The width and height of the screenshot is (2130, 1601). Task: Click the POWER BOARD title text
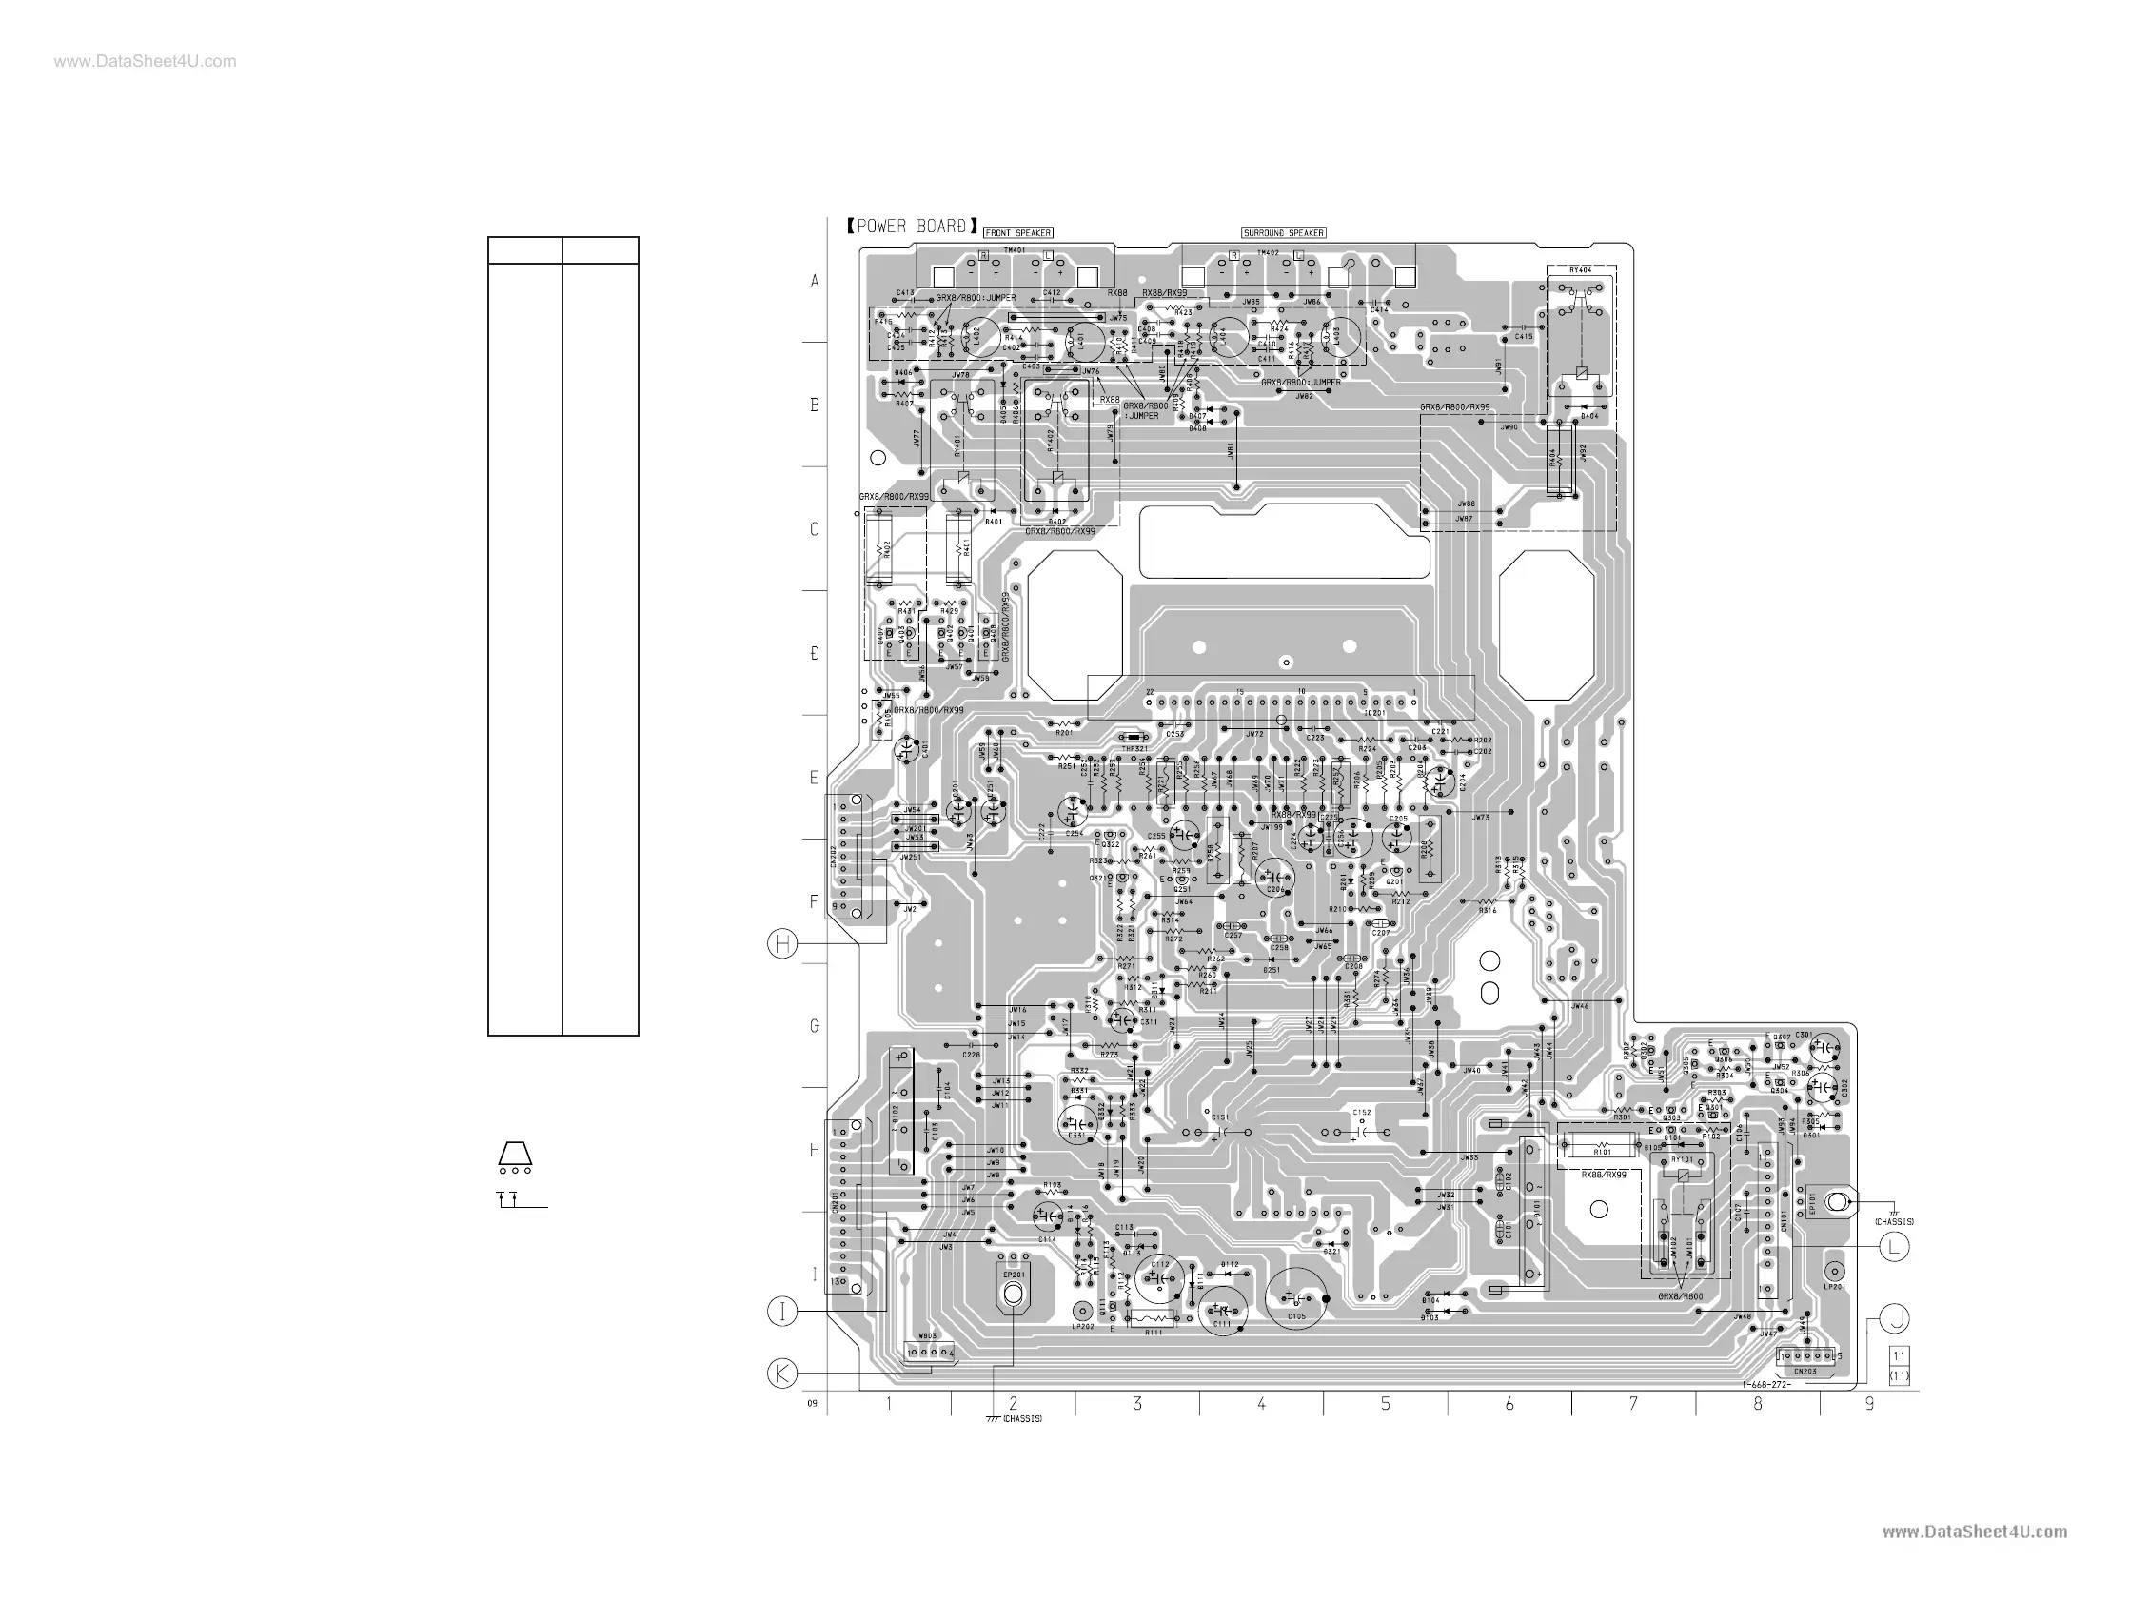pyautogui.click(x=912, y=227)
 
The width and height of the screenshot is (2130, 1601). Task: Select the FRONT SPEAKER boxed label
pyautogui.click(x=1018, y=233)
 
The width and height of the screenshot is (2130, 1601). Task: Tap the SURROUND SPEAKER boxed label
pyautogui.click(x=1284, y=233)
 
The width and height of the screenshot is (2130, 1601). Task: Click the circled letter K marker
pyautogui.click(x=782, y=1374)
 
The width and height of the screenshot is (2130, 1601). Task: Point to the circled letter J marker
pyautogui.click(x=1894, y=1318)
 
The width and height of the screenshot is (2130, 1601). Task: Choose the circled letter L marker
pyautogui.click(x=1894, y=1248)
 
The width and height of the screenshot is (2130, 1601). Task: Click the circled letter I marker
pyautogui.click(x=782, y=1311)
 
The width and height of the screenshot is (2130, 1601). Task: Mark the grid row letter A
pyautogui.click(x=815, y=282)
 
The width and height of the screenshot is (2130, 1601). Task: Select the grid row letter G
pyautogui.click(x=815, y=1027)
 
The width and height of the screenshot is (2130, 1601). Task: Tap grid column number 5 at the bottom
pyautogui.click(x=1385, y=1405)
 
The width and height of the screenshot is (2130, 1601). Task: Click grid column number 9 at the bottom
pyautogui.click(x=1869, y=1405)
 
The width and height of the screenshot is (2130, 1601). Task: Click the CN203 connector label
pyautogui.click(x=1805, y=1370)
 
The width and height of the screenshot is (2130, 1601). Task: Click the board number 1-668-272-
pyautogui.click(x=1765, y=1384)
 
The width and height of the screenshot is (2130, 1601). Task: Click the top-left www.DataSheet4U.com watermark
pyautogui.click(x=145, y=62)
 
